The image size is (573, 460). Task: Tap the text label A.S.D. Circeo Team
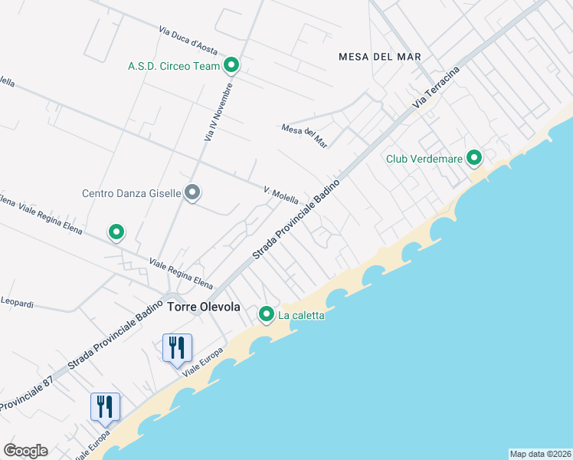(x=174, y=66)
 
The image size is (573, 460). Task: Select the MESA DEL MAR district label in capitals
(x=380, y=57)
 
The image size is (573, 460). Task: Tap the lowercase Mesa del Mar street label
(x=304, y=136)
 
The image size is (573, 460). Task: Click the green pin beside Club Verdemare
(x=474, y=159)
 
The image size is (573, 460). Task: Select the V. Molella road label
(x=280, y=194)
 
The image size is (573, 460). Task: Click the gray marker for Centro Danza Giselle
(x=193, y=192)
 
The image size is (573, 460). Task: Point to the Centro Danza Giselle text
(x=131, y=193)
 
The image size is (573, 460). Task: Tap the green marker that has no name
(x=116, y=232)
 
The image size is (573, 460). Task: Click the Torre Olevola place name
(x=204, y=307)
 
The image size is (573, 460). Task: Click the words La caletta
(x=301, y=315)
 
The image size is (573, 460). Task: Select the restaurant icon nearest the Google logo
(x=105, y=406)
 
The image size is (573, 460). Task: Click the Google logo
(x=25, y=451)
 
